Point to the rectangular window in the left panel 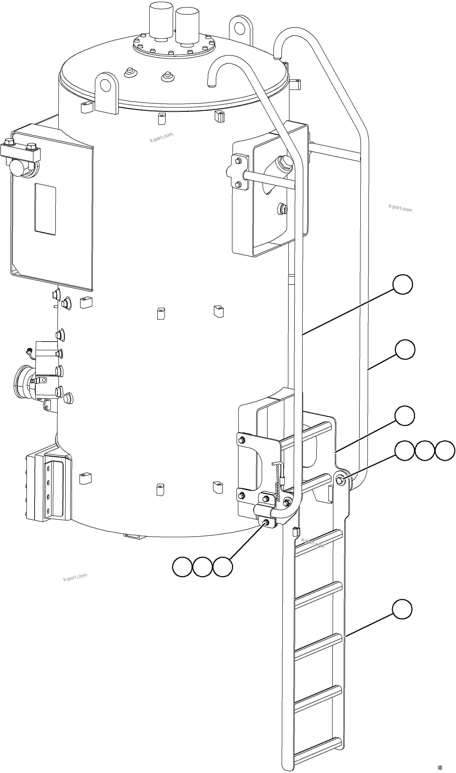click(x=45, y=209)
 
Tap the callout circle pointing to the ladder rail click(x=402, y=609)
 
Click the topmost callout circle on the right click(x=403, y=285)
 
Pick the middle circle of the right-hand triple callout click(x=425, y=451)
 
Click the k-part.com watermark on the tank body click(x=161, y=137)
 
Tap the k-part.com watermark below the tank click(x=75, y=577)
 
